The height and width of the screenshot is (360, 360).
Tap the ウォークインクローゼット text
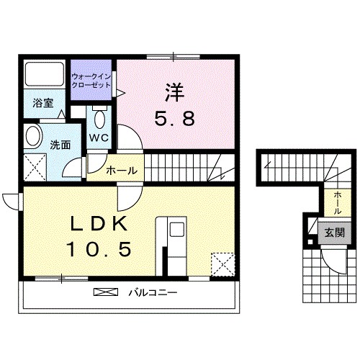pos(91,80)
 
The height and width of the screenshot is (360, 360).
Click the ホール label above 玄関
pos(337,199)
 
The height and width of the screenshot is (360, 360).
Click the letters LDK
pos(98,223)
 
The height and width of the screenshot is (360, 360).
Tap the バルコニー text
pos(153,293)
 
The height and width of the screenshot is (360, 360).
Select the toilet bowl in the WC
pos(99,117)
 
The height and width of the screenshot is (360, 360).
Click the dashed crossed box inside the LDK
pos(222,263)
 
